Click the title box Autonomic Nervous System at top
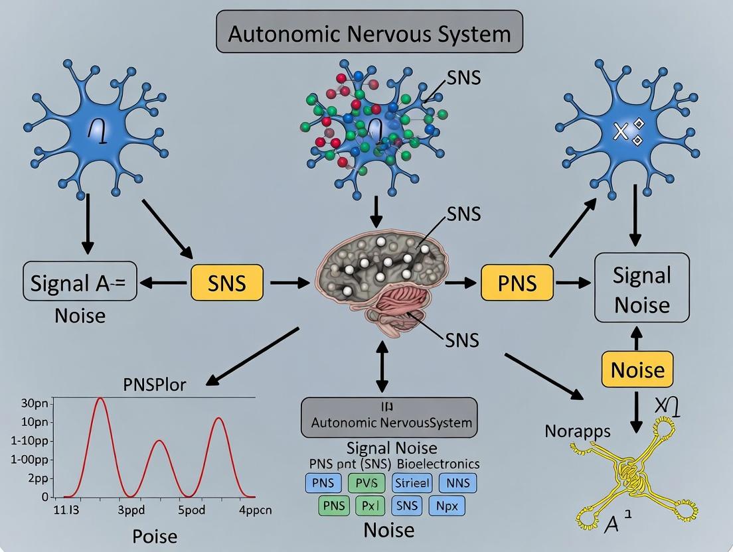pos(369,33)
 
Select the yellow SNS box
pos(226,283)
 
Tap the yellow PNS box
pos(517,283)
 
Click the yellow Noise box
pos(637,369)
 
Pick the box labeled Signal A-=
pos(79,283)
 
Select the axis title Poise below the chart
pos(154,535)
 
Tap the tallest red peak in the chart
pos(100,399)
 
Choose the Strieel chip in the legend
pos(412,482)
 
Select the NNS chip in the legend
pos(457,482)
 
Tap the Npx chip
pos(446,506)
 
